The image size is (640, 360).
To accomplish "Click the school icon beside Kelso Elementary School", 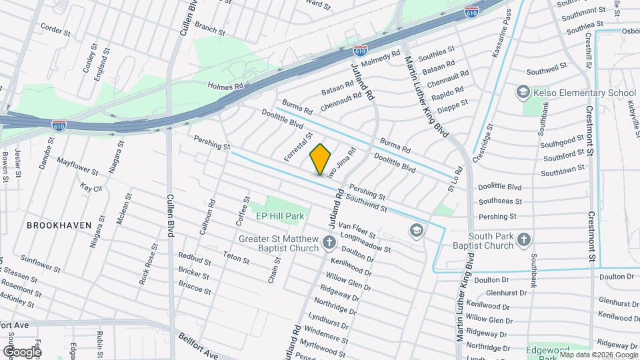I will pos(524,91).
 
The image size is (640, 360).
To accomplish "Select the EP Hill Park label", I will pos(280,216).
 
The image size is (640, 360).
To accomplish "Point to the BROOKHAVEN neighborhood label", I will pos(59,225).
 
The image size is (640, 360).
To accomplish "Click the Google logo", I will pos(21,351).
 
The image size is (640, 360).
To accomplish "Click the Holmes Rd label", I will pos(226,85).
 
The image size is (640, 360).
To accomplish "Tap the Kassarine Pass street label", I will pos(501,33).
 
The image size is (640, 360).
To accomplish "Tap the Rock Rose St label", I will pos(148,264).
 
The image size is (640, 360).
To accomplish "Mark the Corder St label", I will pos(55,30).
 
